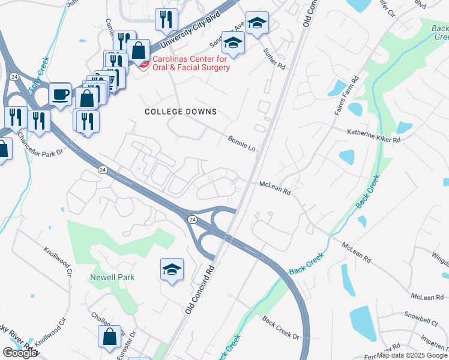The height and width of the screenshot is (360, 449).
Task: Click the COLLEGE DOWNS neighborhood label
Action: (181, 112)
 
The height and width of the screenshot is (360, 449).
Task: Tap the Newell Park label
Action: (112, 277)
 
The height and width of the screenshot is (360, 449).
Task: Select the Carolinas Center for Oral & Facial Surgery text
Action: (190, 64)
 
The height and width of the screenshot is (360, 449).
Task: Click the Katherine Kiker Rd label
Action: (373, 135)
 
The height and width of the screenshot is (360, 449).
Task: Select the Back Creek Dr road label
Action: (281, 326)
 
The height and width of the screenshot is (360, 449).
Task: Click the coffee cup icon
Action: (60, 94)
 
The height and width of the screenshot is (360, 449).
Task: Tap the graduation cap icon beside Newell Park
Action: (172, 269)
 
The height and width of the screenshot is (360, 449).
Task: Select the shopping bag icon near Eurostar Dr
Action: (110, 337)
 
